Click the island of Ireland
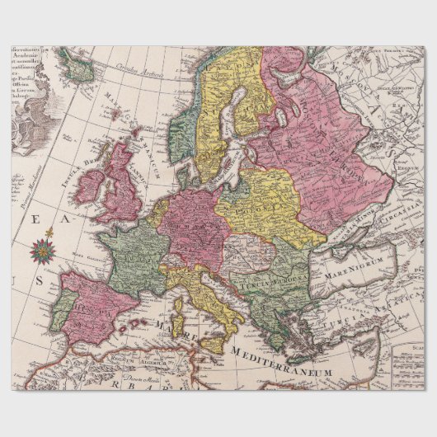tap(88, 186)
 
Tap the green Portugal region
tap(62, 309)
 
